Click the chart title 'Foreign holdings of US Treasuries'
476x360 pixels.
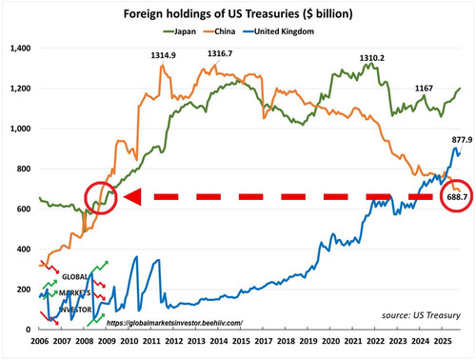pos(212,14)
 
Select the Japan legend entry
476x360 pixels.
pos(180,31)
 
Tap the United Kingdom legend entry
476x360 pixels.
pos(279,31)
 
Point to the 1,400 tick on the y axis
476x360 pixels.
pos(21,49)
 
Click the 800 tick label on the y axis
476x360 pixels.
pos(24,169)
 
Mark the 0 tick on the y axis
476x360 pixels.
pos(29,330)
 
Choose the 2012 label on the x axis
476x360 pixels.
pos(174,341)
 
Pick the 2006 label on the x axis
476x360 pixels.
pos(40,341)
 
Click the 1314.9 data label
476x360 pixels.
pos(163,55)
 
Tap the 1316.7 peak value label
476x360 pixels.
pos(220,53)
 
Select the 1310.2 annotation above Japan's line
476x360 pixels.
pos(372,58)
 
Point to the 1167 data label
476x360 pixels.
pos(424,89)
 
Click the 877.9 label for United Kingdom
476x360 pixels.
pos(462,140)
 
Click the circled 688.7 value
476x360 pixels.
pos(457,197)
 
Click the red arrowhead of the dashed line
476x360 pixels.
pos(132,197)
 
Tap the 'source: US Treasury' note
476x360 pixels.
pos(421,315)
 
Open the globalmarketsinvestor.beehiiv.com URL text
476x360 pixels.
pos(174,323)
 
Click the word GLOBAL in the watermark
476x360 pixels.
pos(75,277)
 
